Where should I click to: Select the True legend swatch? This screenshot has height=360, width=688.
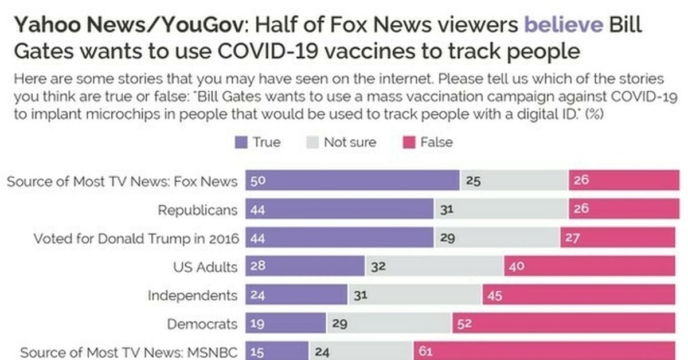pos(241,143)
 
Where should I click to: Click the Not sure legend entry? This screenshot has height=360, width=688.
pos(342,143)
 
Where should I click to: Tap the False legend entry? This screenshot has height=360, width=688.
pos(428,143)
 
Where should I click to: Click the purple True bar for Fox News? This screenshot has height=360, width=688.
pos(353,181)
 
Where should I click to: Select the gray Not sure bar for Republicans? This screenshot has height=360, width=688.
pos(501,209)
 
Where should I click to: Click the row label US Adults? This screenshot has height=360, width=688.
pos(205,267)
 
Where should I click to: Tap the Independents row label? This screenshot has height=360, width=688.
pos(192,295)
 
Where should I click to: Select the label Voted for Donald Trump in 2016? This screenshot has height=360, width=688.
pos(136,238)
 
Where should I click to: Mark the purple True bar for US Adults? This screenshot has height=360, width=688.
pos(305,267)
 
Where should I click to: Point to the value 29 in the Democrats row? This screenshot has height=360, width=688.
pos(339,324)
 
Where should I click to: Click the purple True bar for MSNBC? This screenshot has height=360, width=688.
pos(277,351)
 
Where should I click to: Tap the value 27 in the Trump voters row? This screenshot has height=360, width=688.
pos(572,238)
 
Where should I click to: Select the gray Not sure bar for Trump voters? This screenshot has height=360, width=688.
pos(496,238)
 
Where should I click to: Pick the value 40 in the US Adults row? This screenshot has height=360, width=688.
pos(516,267)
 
